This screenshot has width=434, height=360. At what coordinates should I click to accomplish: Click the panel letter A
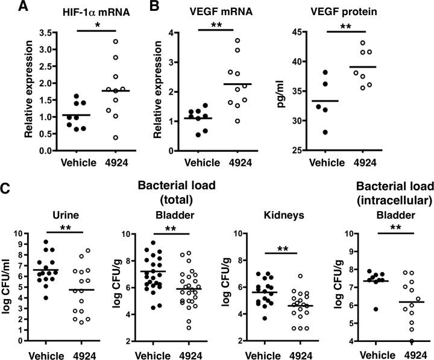tap(8, 8)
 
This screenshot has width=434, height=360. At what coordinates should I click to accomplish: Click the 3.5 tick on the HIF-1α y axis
tap(38, 28)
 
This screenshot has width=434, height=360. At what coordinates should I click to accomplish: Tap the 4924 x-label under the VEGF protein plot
tap(365, 162)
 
